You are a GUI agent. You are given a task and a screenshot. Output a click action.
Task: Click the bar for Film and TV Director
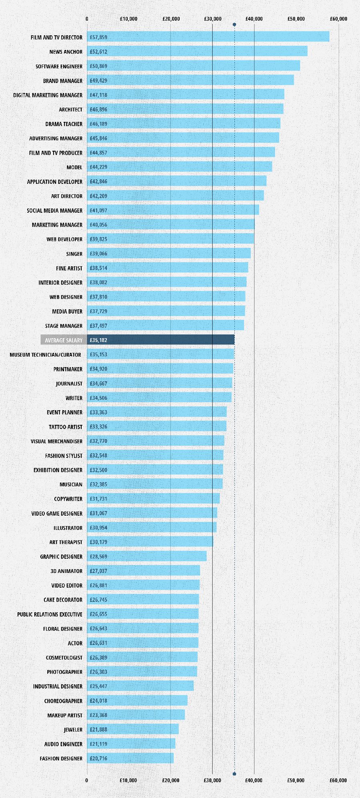[208, 37]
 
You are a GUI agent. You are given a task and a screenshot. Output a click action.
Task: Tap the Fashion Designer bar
[130, 758]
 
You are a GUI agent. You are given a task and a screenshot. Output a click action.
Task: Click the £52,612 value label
[98, 52]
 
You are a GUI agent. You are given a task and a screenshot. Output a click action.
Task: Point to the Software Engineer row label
[59, 66]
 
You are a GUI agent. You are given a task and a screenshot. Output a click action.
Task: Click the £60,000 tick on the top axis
[338, 19]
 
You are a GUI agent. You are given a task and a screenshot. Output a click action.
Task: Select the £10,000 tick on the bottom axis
[128, 780]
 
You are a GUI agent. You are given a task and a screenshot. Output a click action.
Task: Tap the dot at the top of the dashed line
[234, 25]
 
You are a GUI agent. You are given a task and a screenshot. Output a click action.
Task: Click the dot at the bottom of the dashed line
[234, 774]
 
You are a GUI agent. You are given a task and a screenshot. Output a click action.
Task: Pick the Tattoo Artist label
[66, 427]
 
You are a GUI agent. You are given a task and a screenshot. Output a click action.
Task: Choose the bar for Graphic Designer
[147, 556]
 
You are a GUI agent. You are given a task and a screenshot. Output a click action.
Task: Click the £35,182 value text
[98, 340]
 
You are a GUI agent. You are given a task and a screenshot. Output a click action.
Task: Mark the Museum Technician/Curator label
[45, 355]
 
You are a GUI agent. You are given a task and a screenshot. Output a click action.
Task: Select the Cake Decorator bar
[143, 599]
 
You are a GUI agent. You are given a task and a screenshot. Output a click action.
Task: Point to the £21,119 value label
[98, 744]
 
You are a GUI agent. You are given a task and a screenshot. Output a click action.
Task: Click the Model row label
[74, 167]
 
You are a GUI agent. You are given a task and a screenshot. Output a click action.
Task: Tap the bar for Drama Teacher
[184, 124]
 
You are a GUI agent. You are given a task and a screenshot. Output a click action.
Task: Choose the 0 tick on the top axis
[87, 19]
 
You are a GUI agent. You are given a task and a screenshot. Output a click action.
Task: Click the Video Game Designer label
[57, 513]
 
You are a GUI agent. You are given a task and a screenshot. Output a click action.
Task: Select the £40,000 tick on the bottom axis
[254, 780]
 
